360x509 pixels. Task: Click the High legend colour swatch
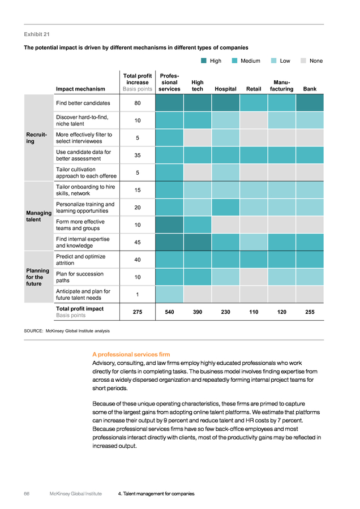[x=204, y=61]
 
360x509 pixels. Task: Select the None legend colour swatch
[x=303, y=61]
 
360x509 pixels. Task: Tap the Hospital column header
[x=225, y=89]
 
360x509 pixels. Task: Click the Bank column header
[x=310, y=89]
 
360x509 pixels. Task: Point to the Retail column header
[x=254, y=89]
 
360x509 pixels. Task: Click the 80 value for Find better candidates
[x=138, y=103]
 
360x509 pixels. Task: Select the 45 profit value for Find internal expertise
[x=138, y=243]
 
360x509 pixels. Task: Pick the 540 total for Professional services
[x=170, y=312]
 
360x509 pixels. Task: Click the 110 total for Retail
[x=254, y=312]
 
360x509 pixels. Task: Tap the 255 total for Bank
[x=310, y=312]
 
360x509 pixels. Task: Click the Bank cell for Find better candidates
[x=310, y=103]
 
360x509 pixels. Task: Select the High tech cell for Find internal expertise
[x=198, y=242]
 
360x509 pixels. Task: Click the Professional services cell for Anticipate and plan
[x=169, y=295]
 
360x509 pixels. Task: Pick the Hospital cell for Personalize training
[x=225, y=208]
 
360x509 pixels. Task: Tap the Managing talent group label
[x=38, y=216]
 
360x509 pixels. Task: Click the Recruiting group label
[x=36, y=138]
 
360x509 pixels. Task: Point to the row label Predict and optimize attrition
[x=80, y=260]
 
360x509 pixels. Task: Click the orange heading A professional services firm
[x=131, y=355]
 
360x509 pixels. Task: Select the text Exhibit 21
[x=37, y=34]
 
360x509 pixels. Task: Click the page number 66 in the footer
[x=27, y=494]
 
